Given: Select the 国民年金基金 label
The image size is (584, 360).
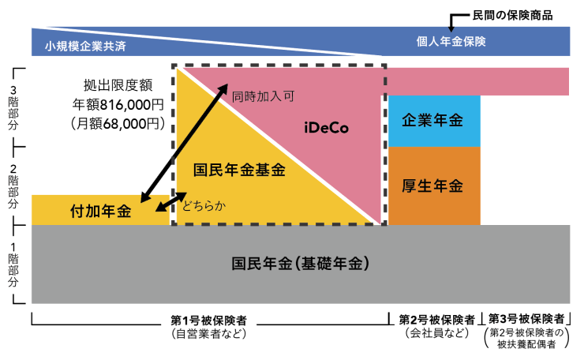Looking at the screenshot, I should point(239,169).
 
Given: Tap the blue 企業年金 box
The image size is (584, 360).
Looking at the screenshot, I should point(433,121).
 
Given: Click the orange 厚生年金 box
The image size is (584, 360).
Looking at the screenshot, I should point(433,186).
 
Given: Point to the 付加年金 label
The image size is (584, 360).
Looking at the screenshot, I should point(100,212).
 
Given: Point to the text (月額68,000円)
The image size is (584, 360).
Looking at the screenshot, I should point(118,123).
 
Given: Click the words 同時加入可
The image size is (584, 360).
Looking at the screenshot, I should point(263,97).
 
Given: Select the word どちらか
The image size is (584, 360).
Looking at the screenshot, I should point(204,207).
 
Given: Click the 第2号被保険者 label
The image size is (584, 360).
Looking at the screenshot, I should point(436,320).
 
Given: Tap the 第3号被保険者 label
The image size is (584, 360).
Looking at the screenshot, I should point(526,319).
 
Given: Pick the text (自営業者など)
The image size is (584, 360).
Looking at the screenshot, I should point(209,334).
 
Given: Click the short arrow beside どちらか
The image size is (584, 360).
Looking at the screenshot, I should point(166,204).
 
